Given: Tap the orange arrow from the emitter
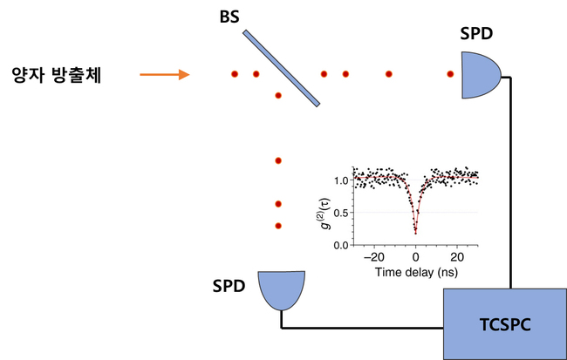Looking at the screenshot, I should [x=165, y=75].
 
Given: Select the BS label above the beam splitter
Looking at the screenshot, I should [x=230, y=17].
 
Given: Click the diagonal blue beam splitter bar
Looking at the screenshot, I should [x=278, y=68].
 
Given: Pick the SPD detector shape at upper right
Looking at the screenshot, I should [x=479, y=75].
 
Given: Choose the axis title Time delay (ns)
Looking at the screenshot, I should [x=416, y=273].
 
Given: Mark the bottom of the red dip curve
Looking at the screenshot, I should [x=416, y=233].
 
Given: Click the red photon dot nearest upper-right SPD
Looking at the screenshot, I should [x=450, y=75].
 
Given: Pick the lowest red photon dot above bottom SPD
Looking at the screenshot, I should [x=277, y=226].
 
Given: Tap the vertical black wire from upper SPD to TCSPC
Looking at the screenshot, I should [x=510, y=183].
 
